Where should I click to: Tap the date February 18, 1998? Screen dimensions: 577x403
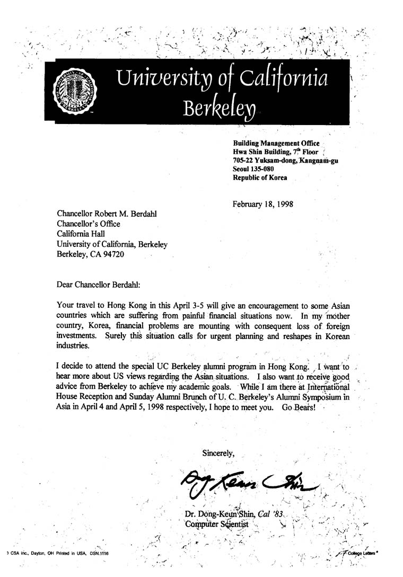click(x=263, y=203)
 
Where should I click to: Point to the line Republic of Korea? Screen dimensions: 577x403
click(x=260, y=177)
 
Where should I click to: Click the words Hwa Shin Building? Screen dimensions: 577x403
click(x=259, y=152)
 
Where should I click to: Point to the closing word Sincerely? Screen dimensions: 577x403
click(x=218, y=452)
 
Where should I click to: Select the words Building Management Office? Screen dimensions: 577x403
click(x=276, y=143)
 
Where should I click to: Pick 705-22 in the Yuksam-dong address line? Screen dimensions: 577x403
click(x=245, y=160)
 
